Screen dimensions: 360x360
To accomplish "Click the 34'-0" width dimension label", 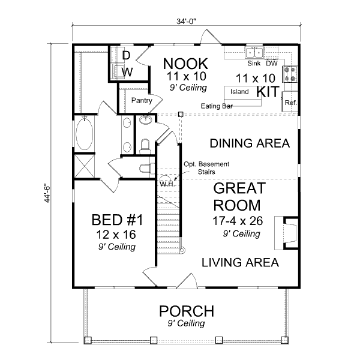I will point(187,21).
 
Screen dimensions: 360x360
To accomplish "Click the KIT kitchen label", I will point(268,92).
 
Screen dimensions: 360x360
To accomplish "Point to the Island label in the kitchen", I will point(240,92).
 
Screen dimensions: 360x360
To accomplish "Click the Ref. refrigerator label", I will point(291,103).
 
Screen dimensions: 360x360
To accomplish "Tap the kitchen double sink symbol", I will point(254,53).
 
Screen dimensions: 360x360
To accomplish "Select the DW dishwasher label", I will point(271,63).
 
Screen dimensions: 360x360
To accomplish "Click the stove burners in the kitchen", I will point(291,73).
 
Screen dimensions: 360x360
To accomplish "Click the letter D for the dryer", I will point(127,56).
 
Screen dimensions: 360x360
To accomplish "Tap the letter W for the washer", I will point(127,72).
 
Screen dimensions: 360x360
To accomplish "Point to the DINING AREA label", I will point(249,144).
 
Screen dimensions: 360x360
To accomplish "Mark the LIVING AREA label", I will point(239,263).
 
